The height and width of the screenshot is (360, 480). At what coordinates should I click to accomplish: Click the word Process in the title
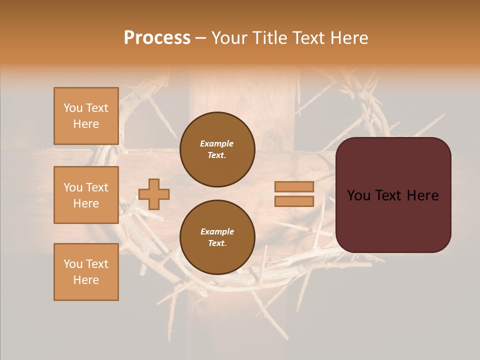tap(157, 38)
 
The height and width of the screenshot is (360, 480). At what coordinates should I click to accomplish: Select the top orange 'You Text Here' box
tap(86, 116)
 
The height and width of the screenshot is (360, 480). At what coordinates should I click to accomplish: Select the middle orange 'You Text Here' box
tap(86, 195)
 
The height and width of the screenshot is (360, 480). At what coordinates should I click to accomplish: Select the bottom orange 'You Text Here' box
tap(86, 272)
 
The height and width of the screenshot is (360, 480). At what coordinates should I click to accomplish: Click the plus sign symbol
tap(154, 194)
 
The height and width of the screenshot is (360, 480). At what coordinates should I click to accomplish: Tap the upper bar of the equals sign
tap(294, 186)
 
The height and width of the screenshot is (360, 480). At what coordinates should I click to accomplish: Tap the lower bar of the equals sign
tap(294, 201)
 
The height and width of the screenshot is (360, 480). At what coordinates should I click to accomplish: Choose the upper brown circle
tap(217, 149)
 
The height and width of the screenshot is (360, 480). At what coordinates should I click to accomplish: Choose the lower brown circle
tap(217, 237)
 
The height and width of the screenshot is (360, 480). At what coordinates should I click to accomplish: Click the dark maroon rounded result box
tap(393, 194)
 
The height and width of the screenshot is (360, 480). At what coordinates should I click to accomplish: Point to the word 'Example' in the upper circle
tap(217, 143)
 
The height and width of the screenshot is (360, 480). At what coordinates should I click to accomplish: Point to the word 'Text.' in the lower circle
tap(217, 243)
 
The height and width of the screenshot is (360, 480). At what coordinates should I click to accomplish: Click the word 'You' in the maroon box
tap(359, 195)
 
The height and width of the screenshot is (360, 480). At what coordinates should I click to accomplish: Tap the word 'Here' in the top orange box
tap(86, 124)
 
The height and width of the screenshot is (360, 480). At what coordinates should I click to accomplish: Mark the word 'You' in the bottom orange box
tap(73, 264)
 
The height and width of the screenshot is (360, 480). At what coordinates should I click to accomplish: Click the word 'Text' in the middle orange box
tap(97, 187)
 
